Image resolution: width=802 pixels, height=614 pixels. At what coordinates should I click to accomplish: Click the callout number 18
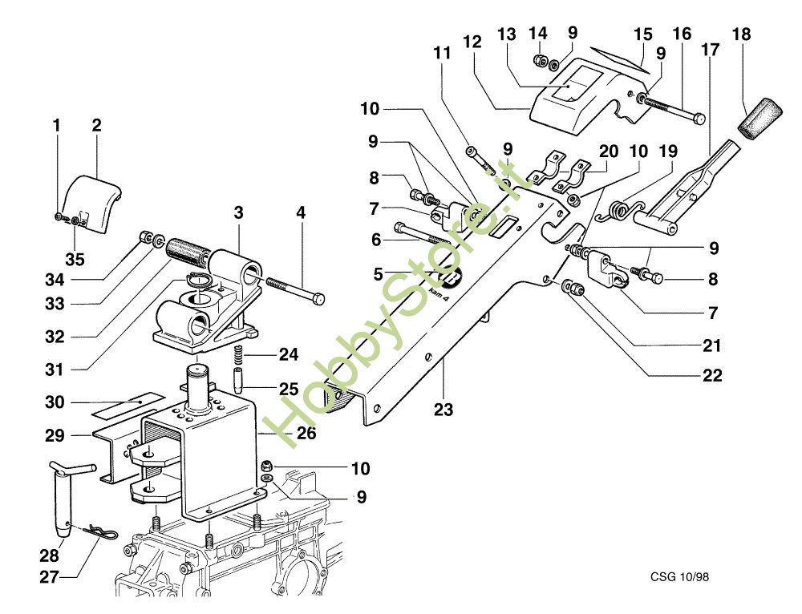point(742,35)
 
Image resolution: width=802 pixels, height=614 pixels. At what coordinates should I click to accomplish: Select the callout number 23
point(443,410)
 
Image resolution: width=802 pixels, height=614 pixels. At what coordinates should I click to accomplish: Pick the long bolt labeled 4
point(293,289)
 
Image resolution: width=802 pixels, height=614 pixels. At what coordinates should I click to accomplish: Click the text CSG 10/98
point(680,576)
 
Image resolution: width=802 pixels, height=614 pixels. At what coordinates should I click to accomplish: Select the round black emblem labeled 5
point(450,277)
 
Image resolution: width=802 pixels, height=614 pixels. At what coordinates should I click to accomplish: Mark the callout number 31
point(53,370)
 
